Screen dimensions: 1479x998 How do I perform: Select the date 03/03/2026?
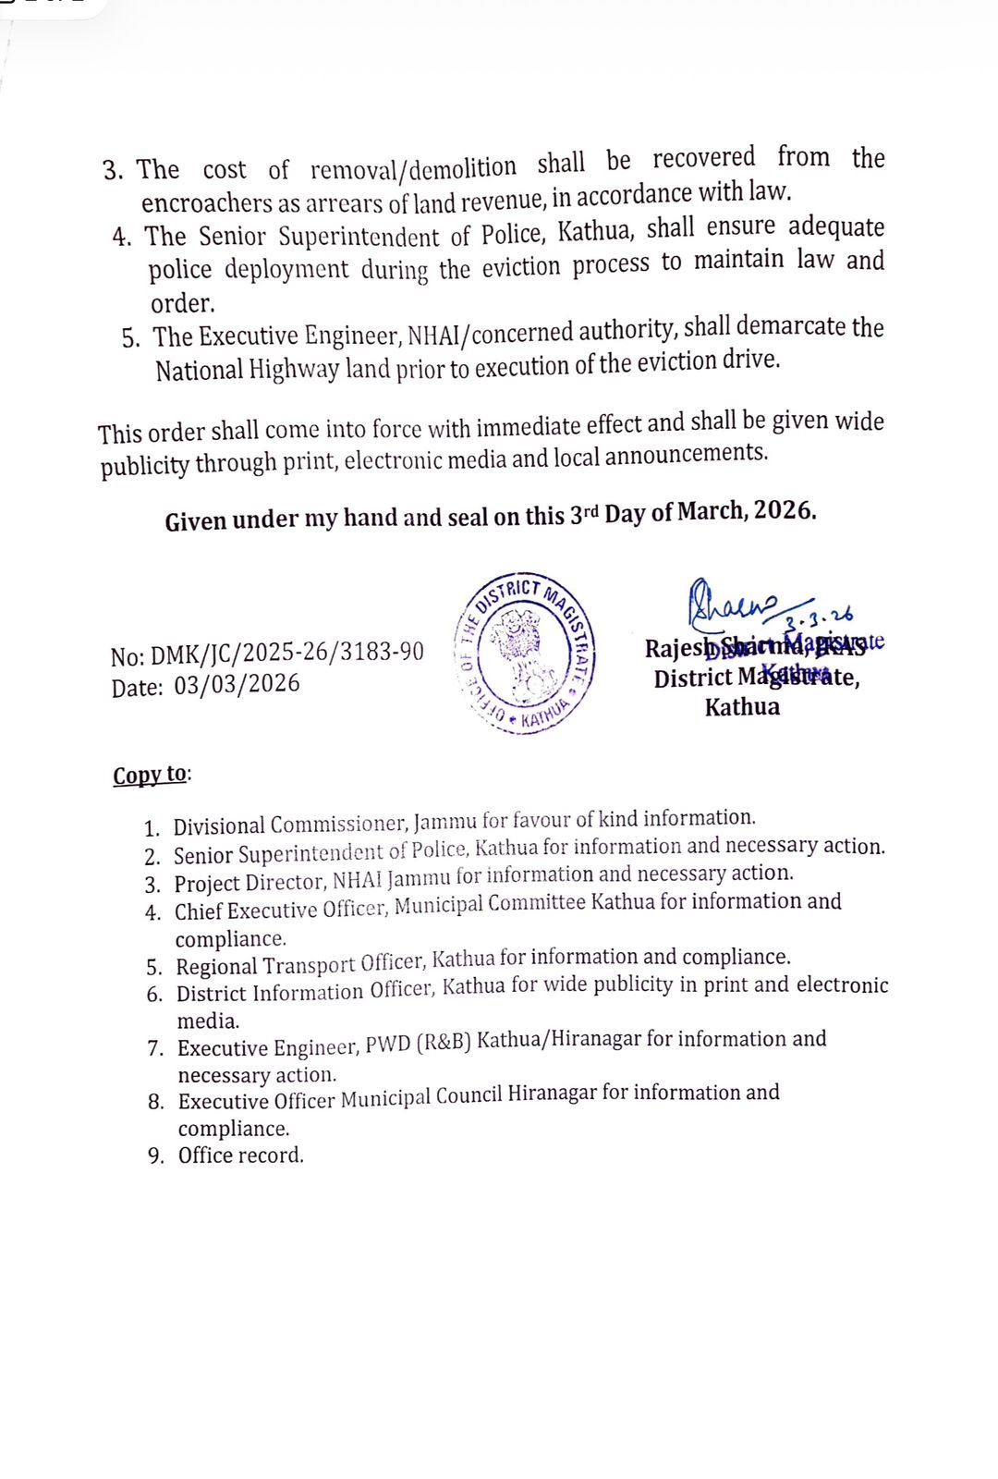[x=237, y=685]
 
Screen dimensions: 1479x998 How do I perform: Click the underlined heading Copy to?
[x=151, y=775]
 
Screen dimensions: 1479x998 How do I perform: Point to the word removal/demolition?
[x=413, y=169]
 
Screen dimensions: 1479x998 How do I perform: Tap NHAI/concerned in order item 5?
[x=491, y=333]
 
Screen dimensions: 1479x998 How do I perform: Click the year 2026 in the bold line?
[x=784, y=511]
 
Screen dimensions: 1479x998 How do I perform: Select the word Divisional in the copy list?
[x=220, y=825]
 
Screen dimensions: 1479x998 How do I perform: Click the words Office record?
[x=240, y=1155]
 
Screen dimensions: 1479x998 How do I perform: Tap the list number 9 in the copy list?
[x=155, y=1156]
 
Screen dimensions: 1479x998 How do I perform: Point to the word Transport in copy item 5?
[x=310, y=965]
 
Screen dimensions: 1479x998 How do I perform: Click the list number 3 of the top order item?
[x=112, y=171]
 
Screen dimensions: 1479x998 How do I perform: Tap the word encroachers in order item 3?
[x=207, y=203]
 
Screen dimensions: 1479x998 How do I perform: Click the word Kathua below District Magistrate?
[x=742, y=707]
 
